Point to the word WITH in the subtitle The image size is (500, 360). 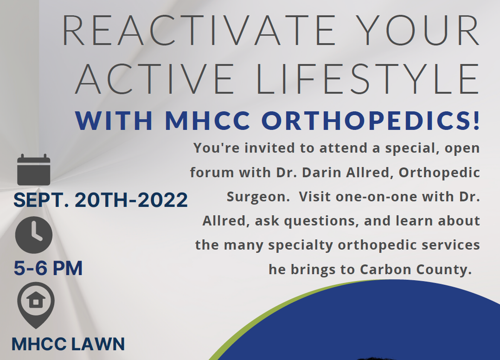click(x=114, y=121)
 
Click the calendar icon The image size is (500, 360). click(x=34, y=170)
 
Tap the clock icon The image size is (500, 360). click(x=34, y=235)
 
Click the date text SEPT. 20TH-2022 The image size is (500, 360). click(x=101, y=200)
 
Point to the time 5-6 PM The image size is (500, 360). click(x=48, y=268)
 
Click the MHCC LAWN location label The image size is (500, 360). click(x=68, y=344)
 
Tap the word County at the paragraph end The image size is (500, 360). click(x=442, y=270)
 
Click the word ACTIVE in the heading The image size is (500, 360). click(x=155, y=79)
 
